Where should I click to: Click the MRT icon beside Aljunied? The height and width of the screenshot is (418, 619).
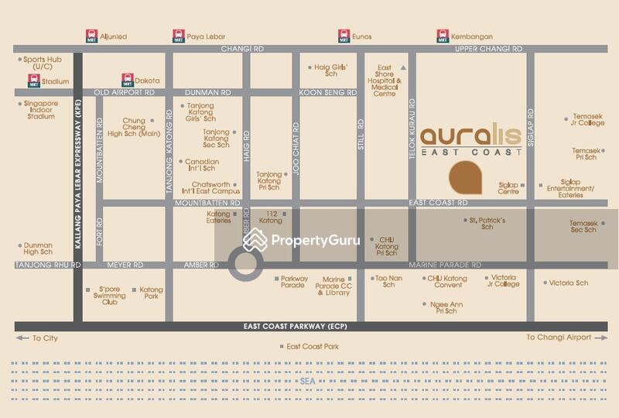[91, 36]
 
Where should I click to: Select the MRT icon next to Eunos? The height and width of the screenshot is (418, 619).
[344, 36]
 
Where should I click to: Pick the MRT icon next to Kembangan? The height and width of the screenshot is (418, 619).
[443, 36]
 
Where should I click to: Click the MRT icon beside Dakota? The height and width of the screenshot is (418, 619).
[128, 80]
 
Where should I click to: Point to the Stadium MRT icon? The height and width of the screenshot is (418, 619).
[34, 80]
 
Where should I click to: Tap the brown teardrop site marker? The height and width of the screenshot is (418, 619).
[466, 179]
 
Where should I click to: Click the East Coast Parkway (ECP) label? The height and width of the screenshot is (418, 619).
[294, 326]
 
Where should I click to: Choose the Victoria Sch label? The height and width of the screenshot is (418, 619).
[569, 283]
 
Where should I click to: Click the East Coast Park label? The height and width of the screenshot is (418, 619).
[313, 347]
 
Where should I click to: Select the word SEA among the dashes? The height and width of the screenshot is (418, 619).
[309, 381]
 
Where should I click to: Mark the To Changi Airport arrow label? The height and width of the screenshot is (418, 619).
[563, 337]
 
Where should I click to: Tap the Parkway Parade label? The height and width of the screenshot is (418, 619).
[294, 282]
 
